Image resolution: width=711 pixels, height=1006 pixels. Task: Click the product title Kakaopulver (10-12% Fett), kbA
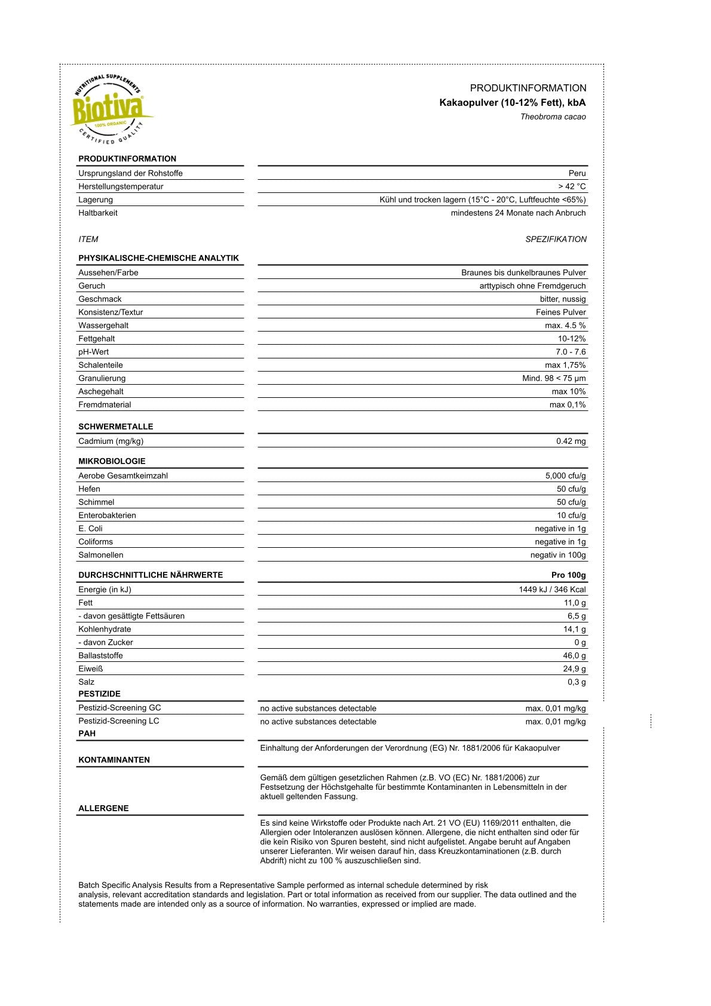point(512,103)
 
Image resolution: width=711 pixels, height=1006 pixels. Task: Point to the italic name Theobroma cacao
point(553,117)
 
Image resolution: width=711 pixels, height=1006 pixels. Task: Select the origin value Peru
point(577,173)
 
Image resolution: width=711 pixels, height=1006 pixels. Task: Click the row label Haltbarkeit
point(98,213)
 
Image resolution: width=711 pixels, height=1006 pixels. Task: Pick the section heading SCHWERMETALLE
point(115,427)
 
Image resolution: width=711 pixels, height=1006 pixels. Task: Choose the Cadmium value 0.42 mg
point(571,441)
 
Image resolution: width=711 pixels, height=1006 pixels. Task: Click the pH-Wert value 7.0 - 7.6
point(571,352)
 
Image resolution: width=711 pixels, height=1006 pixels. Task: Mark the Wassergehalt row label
point(103,326)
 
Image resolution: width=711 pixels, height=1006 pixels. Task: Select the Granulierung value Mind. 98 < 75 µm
point(554,378)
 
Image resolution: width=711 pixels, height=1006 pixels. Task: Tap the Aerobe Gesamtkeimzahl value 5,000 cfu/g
point(565,476)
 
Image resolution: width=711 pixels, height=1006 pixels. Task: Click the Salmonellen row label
point(101,555)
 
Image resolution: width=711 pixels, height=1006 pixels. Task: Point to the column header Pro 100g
point(568,575)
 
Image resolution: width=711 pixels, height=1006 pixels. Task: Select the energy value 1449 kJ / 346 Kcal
point(552,590)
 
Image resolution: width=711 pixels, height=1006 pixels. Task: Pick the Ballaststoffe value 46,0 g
point(574,656)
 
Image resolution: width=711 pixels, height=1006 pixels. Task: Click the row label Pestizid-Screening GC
point(119,708)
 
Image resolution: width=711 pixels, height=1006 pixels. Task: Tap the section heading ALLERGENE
point(103,808)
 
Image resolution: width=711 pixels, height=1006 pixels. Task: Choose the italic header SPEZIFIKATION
point(556,240)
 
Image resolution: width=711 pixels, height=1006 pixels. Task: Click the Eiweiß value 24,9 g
point(574,669)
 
